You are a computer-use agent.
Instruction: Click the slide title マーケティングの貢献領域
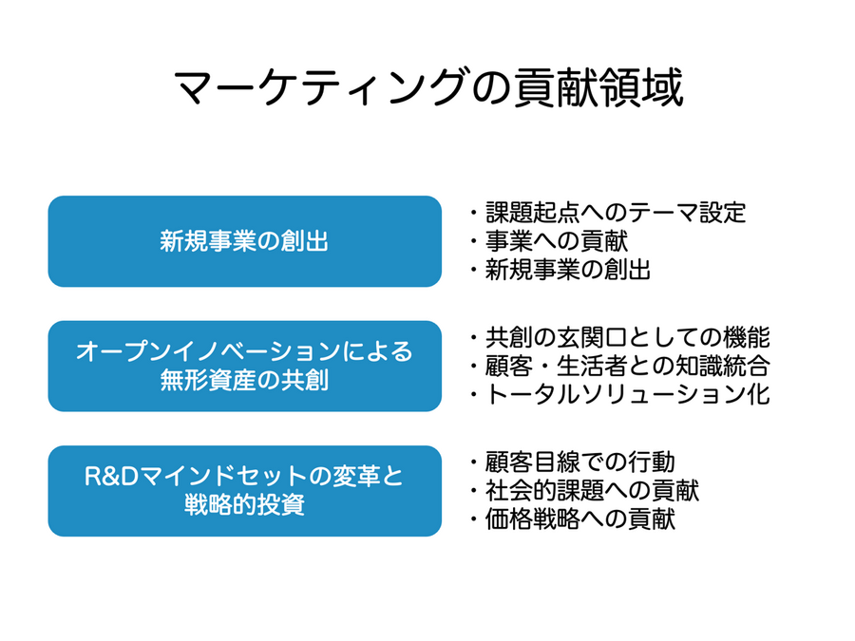(x=427, y=91)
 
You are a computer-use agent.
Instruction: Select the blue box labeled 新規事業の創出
(x=244, y=241)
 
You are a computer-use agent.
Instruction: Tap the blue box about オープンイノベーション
(x=244, y=366)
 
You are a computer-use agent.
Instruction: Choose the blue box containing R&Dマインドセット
(x=244, y=490)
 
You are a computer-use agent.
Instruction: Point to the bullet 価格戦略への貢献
(x=579, y=519)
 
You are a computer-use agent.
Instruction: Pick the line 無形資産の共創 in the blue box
(x=244, y=381)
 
